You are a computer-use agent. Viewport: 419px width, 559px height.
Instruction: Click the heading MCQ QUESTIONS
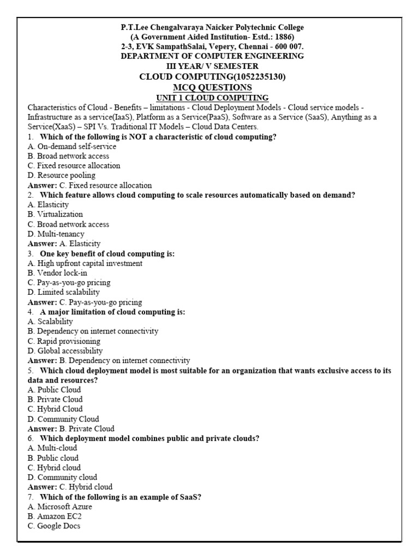[212, 87]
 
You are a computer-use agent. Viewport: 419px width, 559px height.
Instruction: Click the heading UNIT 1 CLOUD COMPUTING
[212, 97]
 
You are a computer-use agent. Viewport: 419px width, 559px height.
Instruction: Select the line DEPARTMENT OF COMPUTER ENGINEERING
[212, 56]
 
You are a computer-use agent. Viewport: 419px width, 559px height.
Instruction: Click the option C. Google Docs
[55, 526]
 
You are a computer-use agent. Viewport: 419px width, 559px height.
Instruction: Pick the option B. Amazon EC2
[55, 516]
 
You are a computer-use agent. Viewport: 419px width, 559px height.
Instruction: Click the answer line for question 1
[89, 185]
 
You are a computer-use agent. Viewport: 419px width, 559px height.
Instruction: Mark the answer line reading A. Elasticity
[64, 243]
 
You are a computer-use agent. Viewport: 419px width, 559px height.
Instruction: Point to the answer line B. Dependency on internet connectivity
[109, 360]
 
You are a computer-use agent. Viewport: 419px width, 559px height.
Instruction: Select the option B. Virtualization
[55, 215]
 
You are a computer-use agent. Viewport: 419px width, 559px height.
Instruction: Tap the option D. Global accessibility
[64, 350]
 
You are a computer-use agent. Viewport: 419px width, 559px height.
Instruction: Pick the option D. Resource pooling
[61, 175]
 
